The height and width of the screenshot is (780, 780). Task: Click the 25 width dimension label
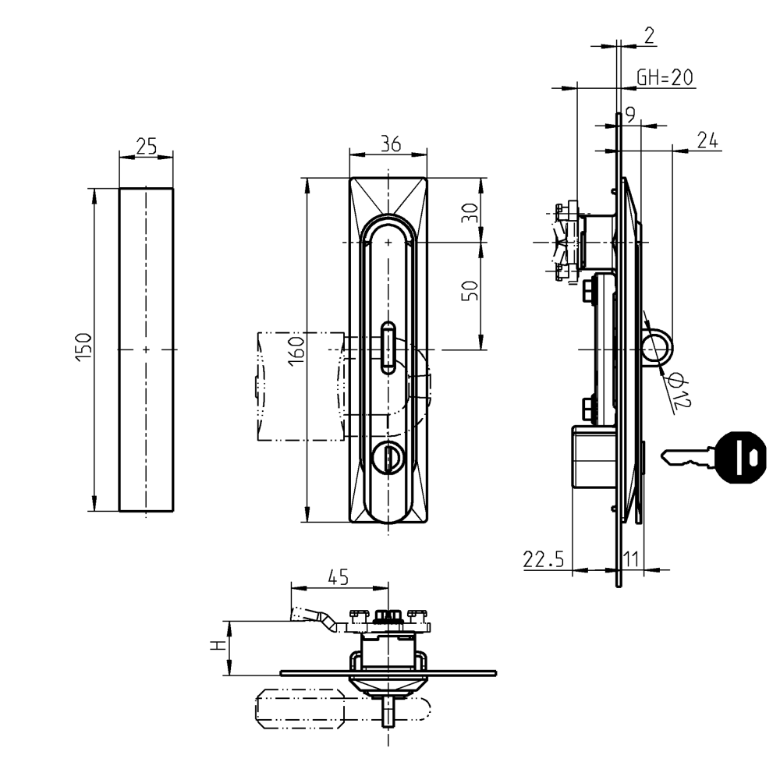coord(147,145)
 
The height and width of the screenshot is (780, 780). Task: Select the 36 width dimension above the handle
coord(389,144)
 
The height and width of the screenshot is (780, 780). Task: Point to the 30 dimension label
coord(469,213)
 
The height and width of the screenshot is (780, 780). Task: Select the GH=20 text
coord(665,77)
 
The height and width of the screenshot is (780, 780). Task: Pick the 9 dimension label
coord(630,115)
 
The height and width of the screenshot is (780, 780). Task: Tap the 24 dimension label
coord(707,140)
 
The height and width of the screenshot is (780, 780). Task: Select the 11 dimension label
coord(633,558)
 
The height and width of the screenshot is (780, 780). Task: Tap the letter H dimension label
coord(221,647)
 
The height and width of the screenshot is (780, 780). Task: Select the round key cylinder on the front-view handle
coord(387,458)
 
